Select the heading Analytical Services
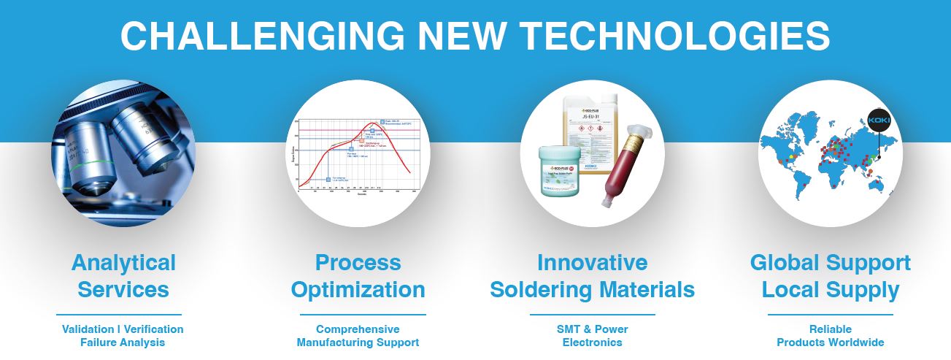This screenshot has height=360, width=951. click(x=123, y=276)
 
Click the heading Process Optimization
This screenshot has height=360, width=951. click(x=358, y=276)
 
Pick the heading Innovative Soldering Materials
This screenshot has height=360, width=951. click(x=592, y=276)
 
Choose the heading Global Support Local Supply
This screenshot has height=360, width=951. click(x=830, y=276)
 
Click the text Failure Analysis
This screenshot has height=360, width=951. click(x=123, y=342)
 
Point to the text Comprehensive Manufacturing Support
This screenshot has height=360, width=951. click(x=358, y=336)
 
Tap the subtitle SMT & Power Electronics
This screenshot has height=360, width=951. click(x=592, y=336)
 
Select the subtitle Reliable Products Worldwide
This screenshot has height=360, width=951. click(x=830, y=336)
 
